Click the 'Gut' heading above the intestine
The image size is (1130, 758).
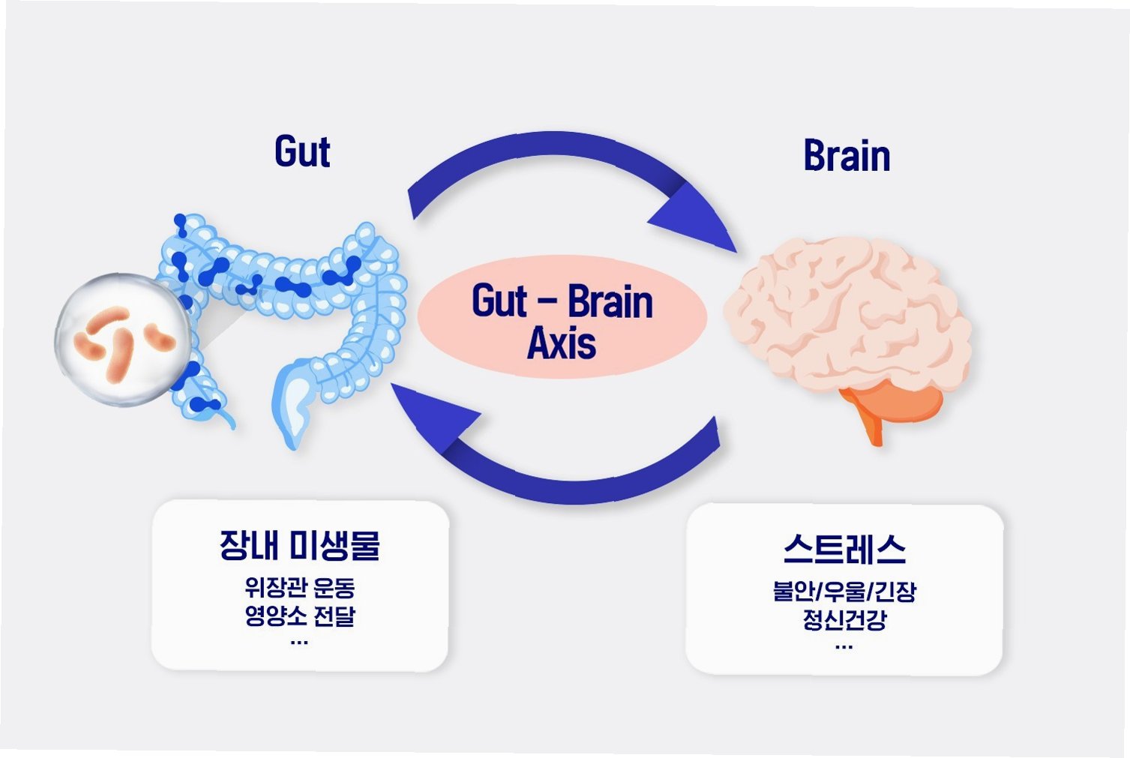click(x=302, y=151)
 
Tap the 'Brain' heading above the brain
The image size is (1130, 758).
click(x=847, y=157)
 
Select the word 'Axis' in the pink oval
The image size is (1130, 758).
click(x=562, y=343)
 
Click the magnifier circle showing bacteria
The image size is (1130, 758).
click(x=123, y=340)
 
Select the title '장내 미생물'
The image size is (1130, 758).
click(x=300, y=545)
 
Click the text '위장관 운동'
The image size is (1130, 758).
click(x=300, y=587)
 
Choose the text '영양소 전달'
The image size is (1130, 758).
click(x=300, y=616)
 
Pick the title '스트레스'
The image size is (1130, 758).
click(x=844, y=550)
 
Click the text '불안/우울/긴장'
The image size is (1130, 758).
click(x=844, y=592)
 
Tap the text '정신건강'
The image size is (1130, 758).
click(x=844, y=620)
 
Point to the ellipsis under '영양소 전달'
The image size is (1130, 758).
click(x=299, y=642)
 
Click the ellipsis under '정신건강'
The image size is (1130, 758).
click(x=844, y=646)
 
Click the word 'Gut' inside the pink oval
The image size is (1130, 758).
click(x=499, y=301)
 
